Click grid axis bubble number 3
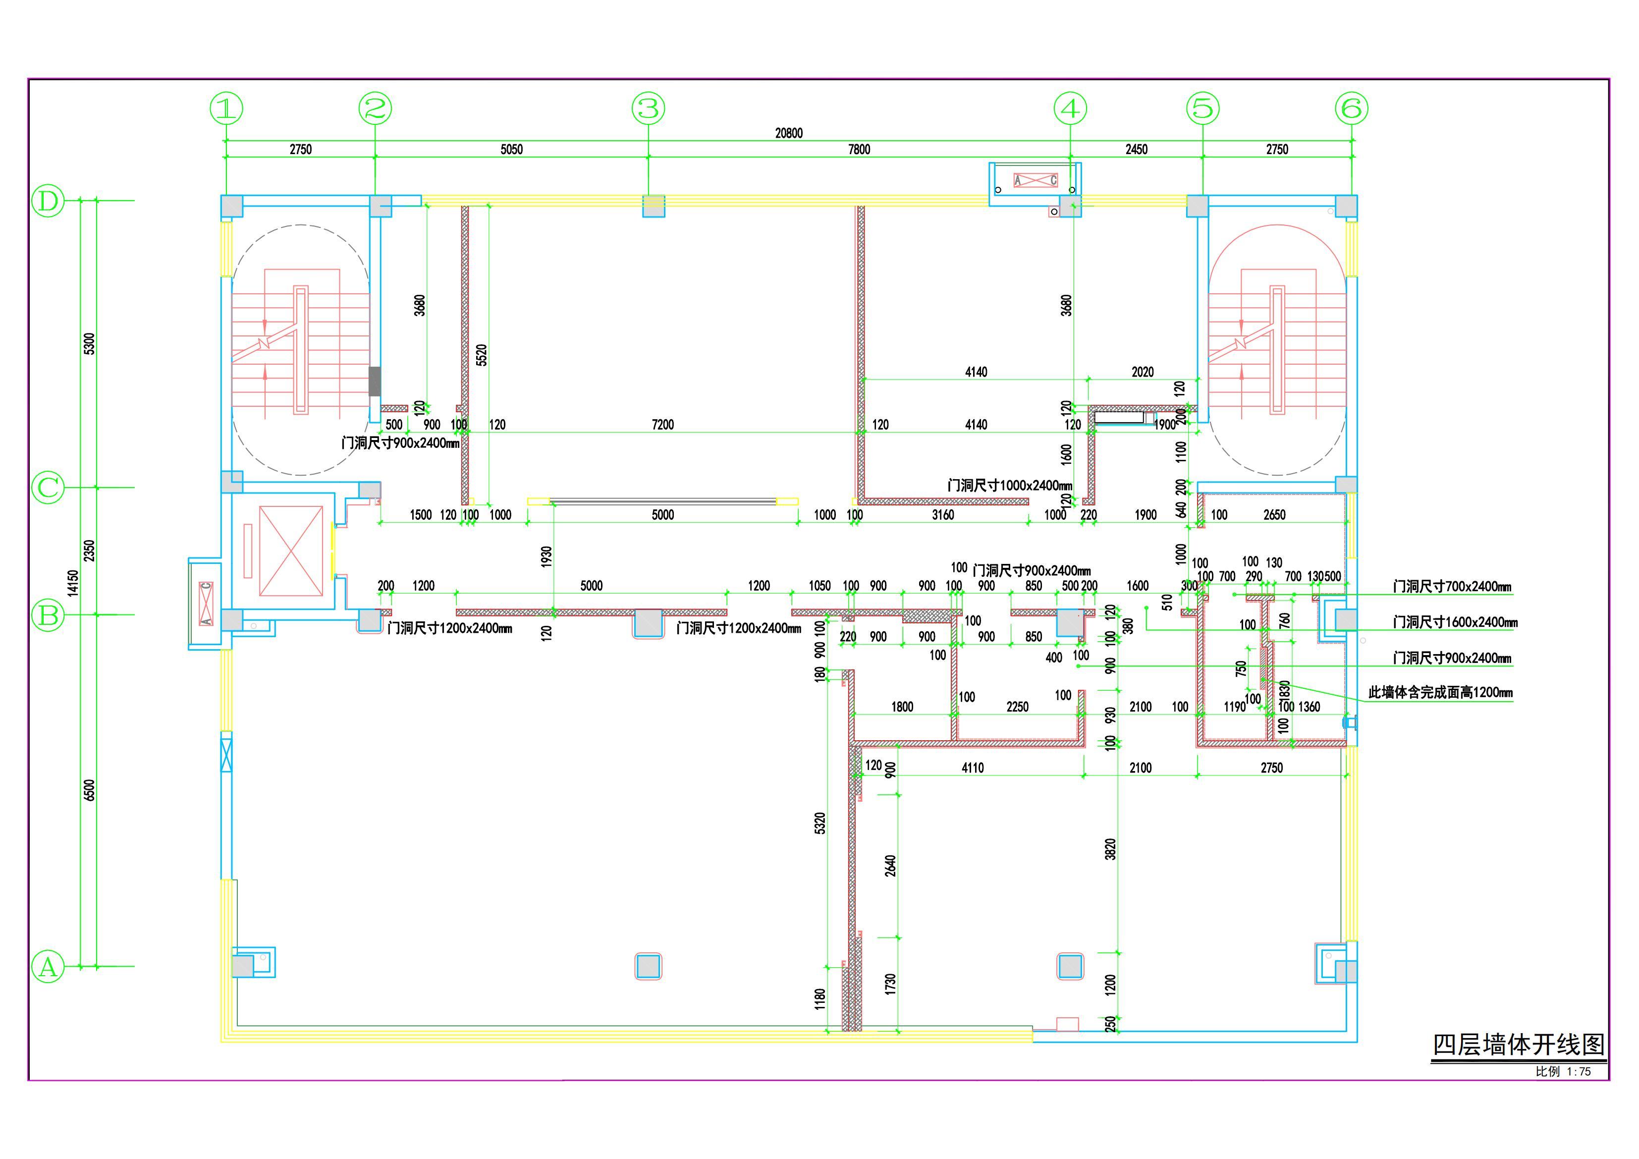click(x=648, y=109)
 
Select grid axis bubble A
click(x=49, y=967)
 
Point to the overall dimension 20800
click(x=789, y=133)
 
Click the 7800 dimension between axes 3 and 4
click(x=859, y=149)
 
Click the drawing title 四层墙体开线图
click(x=1519, y=1045)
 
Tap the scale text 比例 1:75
click(x=1563, y=1072)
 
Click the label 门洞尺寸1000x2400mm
click(x=1009, y=486)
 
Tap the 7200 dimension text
click(x=662, y=425)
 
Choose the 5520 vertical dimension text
click(x=482, y=355)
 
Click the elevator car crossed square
click(x=290, y=551)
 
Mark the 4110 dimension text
click(x=972, y=768)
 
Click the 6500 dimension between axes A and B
click(x=89, y=790)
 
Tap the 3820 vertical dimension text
click(x=1110, y=849)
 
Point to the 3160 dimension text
click(x=942, y=515)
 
